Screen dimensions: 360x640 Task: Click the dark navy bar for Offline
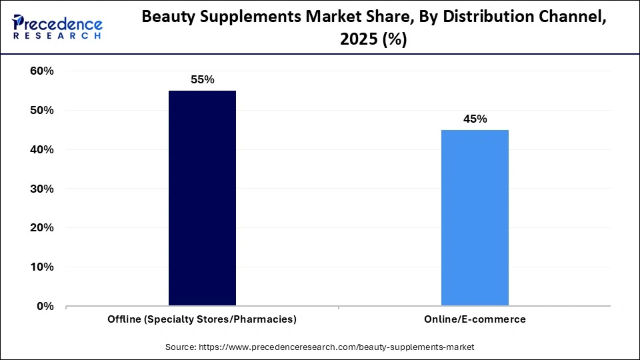click(202, 198)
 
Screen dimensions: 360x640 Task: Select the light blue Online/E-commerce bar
click(475, 218)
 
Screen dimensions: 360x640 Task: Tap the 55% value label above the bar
click(202, 80)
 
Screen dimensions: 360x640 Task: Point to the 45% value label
click(475, 119)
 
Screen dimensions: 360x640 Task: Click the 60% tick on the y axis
click(41, 71)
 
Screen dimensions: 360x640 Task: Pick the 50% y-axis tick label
click(41, 111)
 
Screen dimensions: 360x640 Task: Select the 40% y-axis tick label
click(41, 150)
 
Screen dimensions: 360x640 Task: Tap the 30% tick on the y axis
click(41, 189)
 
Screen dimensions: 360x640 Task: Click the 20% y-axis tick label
click(41, 228)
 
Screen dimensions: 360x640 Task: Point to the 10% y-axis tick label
click(41, 267)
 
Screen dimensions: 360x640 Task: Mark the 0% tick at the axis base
click(44, 307)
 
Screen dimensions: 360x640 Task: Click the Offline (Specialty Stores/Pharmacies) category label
click(202, 319)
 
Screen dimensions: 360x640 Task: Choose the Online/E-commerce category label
click(475, 319)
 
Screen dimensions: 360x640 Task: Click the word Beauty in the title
click(167, 19)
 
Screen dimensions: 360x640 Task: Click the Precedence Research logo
click(57, 27)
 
